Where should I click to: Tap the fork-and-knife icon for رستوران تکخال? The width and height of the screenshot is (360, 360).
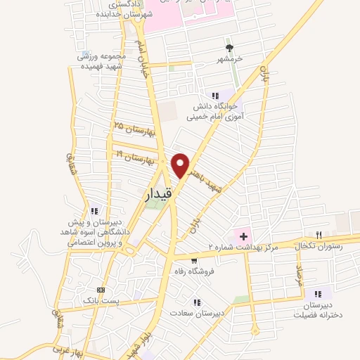pyautogui.click(x=319, y=234)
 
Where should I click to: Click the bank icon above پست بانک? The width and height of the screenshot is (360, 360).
pyautogui.click(x=101, y=289)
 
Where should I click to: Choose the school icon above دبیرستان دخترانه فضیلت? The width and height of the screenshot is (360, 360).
pyautogui.click(x=318, y=293)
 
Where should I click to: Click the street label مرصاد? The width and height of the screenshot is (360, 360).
pyautogui.click(x=298, y=276)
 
